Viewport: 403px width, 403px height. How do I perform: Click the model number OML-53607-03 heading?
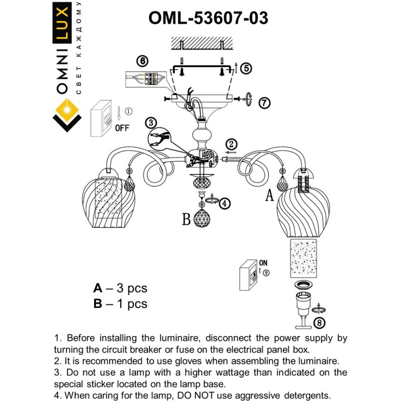tap(208, 18)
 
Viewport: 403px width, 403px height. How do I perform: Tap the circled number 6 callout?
tap(142, 61)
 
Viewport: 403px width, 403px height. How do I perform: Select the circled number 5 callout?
tap(246, 68)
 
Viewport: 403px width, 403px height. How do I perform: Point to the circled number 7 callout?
tap(264, 103)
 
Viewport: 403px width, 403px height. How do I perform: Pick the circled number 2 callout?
tap(231, 145)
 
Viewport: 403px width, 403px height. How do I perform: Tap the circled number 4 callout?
tap(224, 203)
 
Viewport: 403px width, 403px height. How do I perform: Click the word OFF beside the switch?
tap(122, 128)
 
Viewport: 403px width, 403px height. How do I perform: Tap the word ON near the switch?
tap(263, 263)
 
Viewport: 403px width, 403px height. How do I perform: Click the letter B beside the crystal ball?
tap(187, 219)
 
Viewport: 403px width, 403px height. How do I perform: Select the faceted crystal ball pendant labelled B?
tap(201, 216)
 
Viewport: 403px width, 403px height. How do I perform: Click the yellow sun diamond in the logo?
tap(67, 112)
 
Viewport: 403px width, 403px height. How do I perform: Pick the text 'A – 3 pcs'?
tap(120, 288)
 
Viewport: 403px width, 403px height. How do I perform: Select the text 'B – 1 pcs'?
tap(120, 304)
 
